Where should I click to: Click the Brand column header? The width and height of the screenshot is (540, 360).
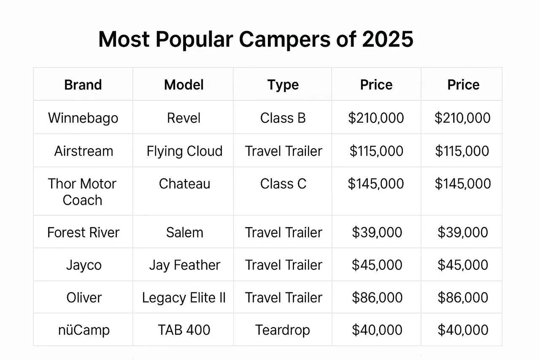coord(83,85)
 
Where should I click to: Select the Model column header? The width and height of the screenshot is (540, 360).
coord(184,85)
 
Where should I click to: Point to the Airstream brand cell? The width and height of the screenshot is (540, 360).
coord(84,151)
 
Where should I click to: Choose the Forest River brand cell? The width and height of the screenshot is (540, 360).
coord(84,233)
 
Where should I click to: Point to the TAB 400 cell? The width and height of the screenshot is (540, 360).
coord(184,330)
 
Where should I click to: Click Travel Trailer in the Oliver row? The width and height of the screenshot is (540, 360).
coord(283,298)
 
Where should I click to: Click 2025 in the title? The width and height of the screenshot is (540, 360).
coord(388,39)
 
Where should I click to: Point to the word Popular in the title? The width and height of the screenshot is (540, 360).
coord(194,40)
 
